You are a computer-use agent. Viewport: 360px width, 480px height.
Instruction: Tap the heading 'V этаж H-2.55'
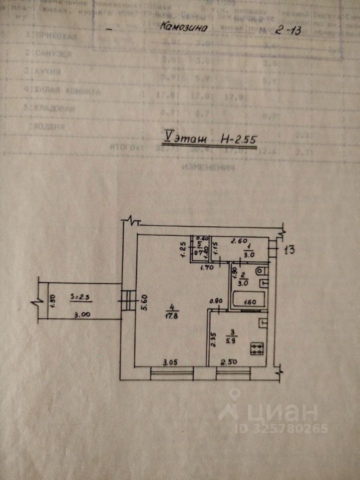[210, 138]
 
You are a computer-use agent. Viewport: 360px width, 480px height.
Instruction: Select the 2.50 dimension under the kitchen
[231, 361]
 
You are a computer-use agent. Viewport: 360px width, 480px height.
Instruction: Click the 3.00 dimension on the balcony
[82, 315]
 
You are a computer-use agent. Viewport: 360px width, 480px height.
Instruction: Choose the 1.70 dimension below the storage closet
[205, 267]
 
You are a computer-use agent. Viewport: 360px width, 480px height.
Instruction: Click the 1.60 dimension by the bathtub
[249, 302]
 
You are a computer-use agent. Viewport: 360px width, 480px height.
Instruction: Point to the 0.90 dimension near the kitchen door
[215, 301]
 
